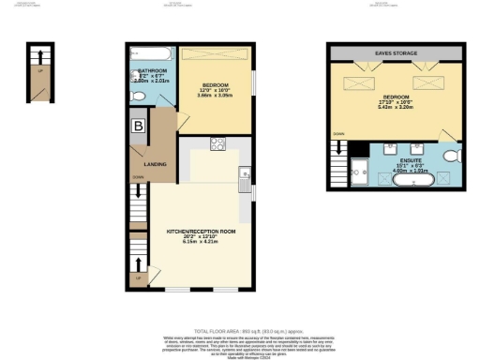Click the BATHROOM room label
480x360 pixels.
[151, 70]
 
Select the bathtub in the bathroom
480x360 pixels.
[147, 52]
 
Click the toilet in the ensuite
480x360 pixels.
[451, 155]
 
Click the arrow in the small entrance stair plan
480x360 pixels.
[38, 69]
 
